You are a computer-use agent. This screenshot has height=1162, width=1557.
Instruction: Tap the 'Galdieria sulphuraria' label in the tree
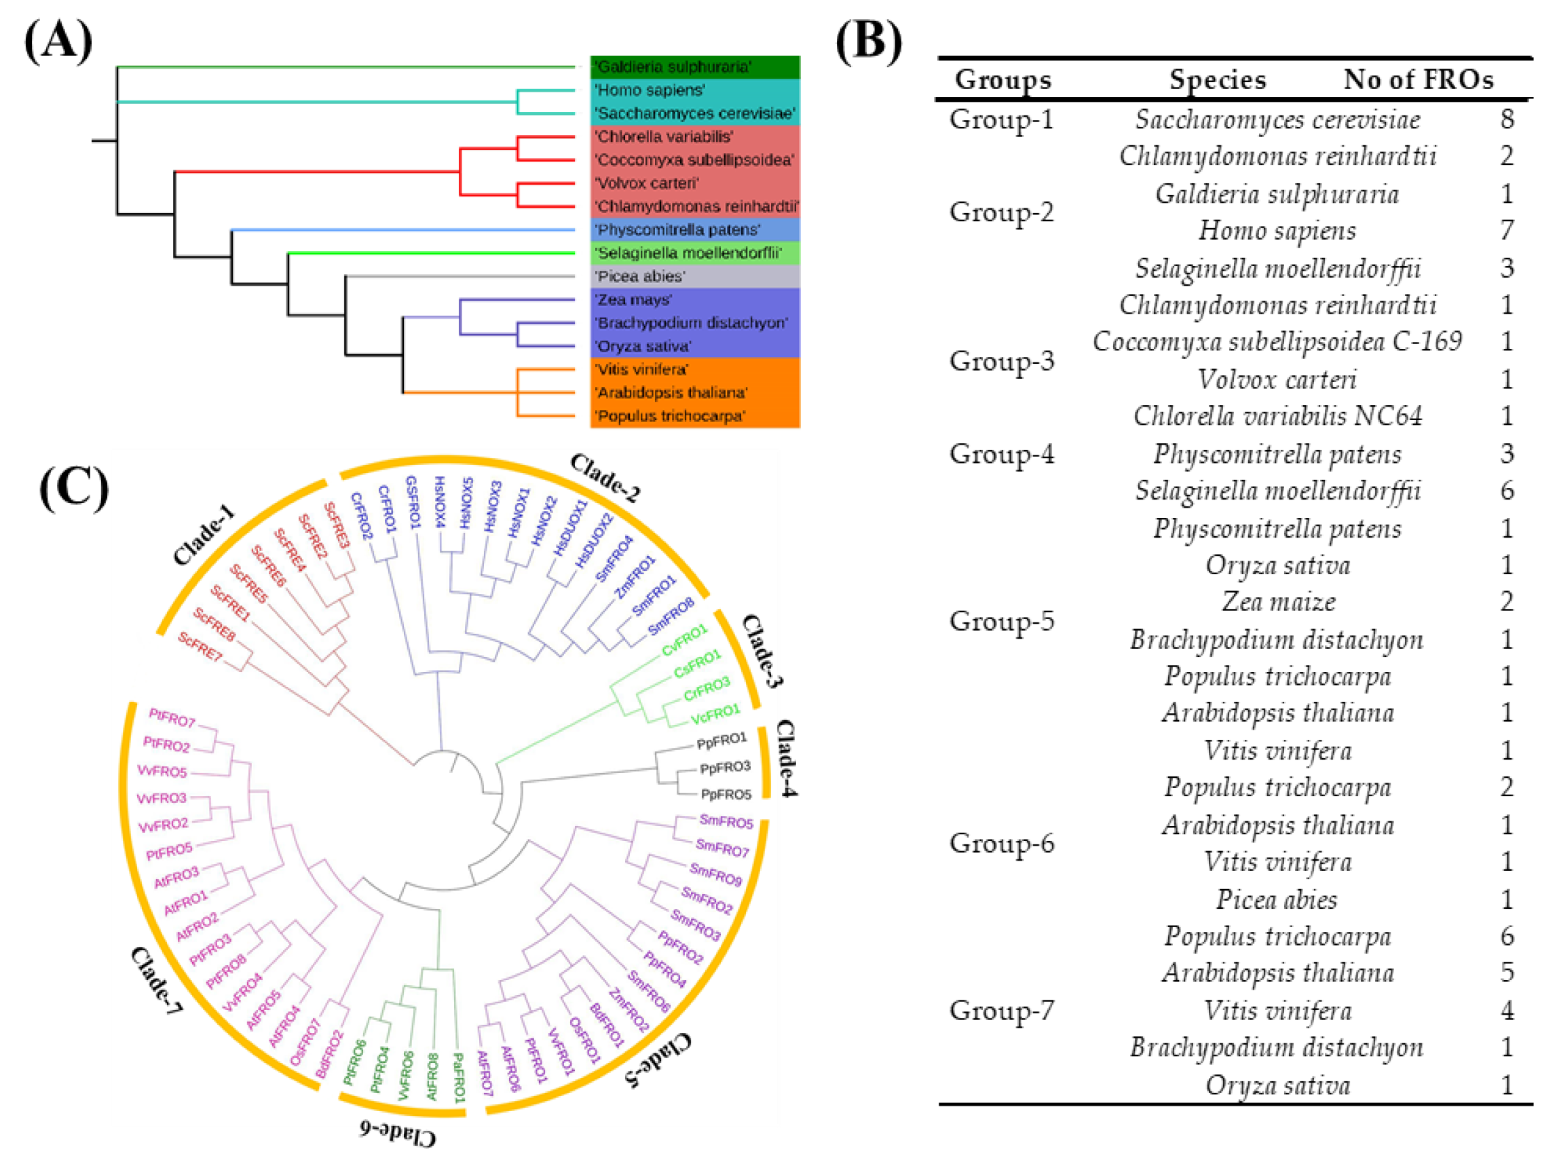tap(673, 67)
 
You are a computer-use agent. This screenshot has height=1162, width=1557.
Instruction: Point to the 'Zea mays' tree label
tap(633, 299)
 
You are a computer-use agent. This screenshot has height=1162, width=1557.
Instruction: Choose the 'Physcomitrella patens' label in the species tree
tap(677, 230)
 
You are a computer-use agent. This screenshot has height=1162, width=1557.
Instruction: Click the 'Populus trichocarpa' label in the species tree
tap(669, 415)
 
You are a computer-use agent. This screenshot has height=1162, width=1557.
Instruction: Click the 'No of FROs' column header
tap(1418, 79)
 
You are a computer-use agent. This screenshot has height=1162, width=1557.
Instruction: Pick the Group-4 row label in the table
tap(1001, 453)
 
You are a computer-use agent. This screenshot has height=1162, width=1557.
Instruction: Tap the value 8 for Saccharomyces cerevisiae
tap(1506, 119)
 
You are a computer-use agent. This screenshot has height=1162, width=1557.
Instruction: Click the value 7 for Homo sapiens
tap(1506, 230)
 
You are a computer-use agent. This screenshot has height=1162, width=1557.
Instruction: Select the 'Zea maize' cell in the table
tap(1278, 601)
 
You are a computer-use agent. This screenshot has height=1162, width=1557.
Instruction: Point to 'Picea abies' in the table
tap(1277, 899)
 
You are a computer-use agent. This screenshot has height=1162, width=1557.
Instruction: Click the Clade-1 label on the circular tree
tap(204, 535)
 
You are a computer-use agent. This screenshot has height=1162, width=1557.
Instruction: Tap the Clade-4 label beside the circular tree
tap(785, 758)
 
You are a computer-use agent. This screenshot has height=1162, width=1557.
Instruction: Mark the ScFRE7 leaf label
tap(200, 646)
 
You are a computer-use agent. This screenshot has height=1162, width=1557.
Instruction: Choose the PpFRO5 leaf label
tap(726, 794)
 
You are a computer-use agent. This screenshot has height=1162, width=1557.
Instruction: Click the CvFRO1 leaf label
tap(684, 639)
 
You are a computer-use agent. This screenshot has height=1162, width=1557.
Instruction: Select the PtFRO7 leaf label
tap(172, 718)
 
